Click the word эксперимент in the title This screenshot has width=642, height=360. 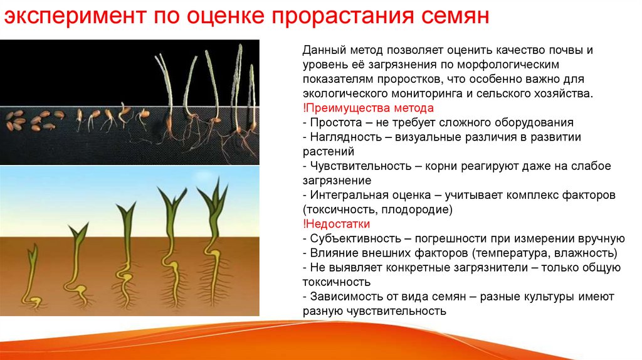[x=75, y=17]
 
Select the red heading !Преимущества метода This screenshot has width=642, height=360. [x=368, y=108]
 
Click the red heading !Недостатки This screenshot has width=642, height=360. [x=336, y=224]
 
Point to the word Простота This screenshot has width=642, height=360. [x=336, y=123]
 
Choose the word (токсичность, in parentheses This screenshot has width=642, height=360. [x=340, y=209]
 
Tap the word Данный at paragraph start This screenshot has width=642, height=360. [x=324, y=50]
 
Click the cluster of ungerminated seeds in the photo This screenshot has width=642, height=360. [x=34, y=120]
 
